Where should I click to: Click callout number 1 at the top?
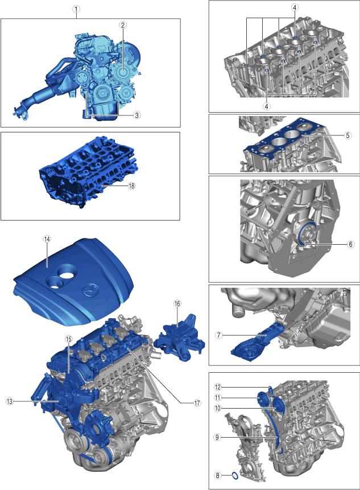[x=76, y=9]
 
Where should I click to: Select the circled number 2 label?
[x=123, y=25]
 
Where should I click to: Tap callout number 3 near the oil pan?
[x=136, y=115]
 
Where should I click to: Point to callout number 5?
[x=348, y=135]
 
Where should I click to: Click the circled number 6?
[x=351, y=244]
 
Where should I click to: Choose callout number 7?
[x=219, y=335]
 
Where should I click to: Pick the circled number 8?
[x=218, y=476]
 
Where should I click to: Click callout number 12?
[x=218, y=387]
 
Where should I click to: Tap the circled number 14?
[x=47, y=239]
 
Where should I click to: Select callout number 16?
[x=177, y=303]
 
